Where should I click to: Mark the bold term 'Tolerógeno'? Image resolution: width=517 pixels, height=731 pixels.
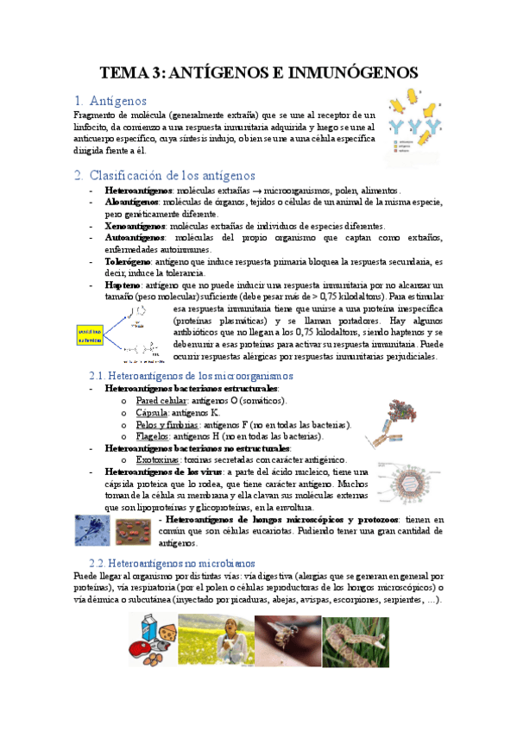pyautogui.click(x=129, y=260)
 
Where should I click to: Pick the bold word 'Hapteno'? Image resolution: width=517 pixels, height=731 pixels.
pyautogui.click(x=123, y=284)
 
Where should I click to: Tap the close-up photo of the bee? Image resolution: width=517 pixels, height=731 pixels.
pyautogui.click(x=287, y=639)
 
